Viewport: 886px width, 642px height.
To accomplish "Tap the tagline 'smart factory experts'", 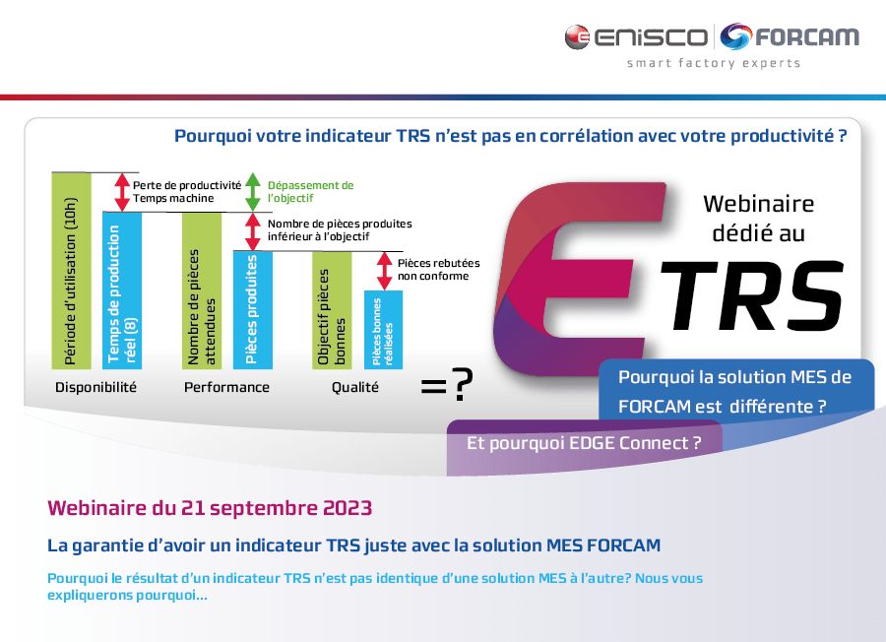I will (x=714, y=64).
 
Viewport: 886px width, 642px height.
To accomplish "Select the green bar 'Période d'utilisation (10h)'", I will (x=71, y=269).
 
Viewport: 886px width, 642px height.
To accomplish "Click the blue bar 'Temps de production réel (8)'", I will (x=121, y=290).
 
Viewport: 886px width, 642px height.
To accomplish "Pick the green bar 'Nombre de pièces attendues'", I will (x=202, y=290).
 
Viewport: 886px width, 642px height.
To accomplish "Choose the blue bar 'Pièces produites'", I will (x=252, y=310).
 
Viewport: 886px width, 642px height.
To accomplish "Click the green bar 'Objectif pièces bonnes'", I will (x=332, y=310).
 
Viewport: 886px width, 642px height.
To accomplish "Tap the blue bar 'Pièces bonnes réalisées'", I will (x=383, y=330).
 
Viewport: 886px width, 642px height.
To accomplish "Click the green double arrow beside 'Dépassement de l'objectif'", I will (x=252, y=191).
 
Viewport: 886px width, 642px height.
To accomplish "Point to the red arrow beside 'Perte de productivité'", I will (x=122, y=191).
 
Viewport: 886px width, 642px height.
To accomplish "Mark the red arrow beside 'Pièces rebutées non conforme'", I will (x=384, y=270).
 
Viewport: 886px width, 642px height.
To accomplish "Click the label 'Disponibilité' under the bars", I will (x=95, y=387).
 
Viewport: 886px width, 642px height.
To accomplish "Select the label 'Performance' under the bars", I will (x=226, y=387).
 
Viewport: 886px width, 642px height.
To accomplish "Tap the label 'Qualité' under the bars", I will (x=354, y=387).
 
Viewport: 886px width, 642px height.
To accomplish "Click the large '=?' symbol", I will (x=445, y=387).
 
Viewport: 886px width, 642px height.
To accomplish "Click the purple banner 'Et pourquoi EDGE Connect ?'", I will (x=584, y=443).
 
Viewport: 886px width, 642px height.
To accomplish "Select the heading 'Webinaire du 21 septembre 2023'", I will (x=210, y=508).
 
